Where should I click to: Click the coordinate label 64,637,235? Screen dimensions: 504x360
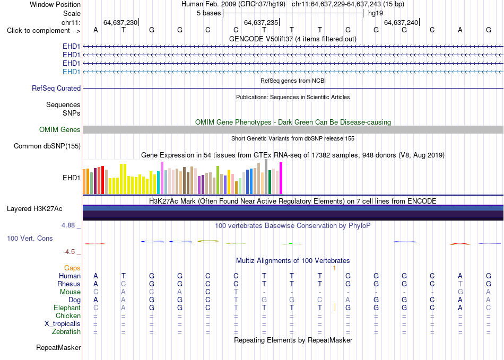tap(260, 22)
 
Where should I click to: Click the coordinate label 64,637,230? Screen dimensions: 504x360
tap(120, 22)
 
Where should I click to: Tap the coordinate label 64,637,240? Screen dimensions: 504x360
tap(401, 22)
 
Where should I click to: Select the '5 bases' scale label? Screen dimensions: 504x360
tap(208, 13)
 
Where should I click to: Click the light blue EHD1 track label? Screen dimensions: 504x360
tap(72, 72)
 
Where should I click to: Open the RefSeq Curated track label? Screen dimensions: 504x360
tap(56, 89)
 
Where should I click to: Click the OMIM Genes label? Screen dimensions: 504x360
tap(60, 129)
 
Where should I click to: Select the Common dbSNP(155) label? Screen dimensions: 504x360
tap(47, 146)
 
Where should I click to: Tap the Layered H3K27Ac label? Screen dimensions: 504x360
tap(34, 209)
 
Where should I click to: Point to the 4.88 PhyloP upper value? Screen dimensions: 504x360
tap(68, 225)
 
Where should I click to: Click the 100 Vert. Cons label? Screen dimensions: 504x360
tap(30, 238)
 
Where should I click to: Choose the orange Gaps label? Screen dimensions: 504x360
tap(72, 268)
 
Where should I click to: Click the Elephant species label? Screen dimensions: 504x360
tap(67, 308)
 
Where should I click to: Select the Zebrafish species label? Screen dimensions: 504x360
tap(66, 331)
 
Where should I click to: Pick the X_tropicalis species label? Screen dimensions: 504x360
tap(63, 324)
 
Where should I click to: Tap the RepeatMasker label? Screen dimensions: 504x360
tap(58, 347)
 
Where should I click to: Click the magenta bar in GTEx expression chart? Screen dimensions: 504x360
tap(281, 178)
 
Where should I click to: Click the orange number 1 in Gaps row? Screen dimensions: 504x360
tap(335, 268)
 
